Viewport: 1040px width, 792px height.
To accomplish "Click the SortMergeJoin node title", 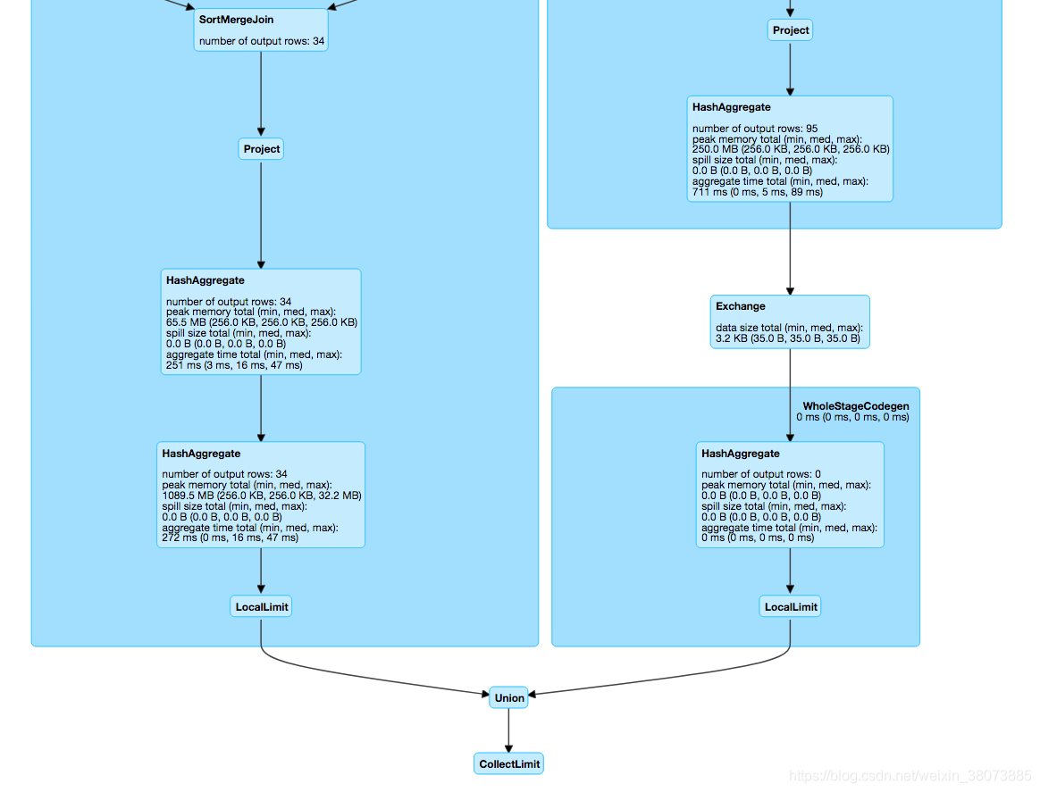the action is pyautogui.click(x=236, y=20).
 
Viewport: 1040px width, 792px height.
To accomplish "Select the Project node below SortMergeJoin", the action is pyautogui.click(x=261, y=149).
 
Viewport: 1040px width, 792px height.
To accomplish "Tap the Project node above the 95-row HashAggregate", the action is pyautogui.click(x=790, y=30).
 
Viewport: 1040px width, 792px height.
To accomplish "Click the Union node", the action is pyautogui.click(x=508, y=698).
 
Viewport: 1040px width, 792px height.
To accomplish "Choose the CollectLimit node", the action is pyautogui.click(x=508, y=764).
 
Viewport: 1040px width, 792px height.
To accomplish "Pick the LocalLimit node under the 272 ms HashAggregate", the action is pyautogui.click(x=261, y=607).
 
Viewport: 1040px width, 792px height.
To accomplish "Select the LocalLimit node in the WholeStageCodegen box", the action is pyautogui.click(x=790, y=607).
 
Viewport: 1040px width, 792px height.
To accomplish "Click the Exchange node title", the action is pyautogui.click(x=740, y=306).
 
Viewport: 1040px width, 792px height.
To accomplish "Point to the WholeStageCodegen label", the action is pyautogui.click(x=856, y=406).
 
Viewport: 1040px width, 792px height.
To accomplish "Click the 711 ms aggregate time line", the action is pyautogui.click(x=758, y=192).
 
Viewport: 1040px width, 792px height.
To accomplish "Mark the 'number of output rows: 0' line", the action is pyautogui.click(x=760, y=474).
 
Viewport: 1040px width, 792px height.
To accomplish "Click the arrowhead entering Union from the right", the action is pyautogui.click(x=532, y=695).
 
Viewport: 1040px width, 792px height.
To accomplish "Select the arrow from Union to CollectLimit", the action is pyautogui.click(x=508, y=730).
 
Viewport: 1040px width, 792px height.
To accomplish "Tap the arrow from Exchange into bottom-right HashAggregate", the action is pyautogui.click(x=790, y=395).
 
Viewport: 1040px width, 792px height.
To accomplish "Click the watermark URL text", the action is pyautogui.click(x=910, y=776).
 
